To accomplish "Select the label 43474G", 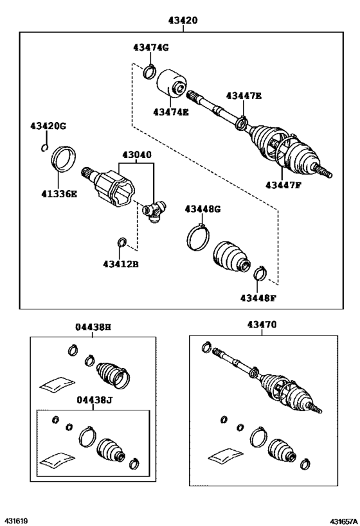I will point(150,48).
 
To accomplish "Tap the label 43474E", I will point(171,112).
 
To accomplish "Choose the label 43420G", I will point(48,126).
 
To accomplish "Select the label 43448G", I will point(203,209).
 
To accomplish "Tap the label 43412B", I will point(120,264).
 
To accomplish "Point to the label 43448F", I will point(258,297).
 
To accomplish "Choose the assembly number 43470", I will point(262,325).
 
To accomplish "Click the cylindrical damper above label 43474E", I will point(172,82).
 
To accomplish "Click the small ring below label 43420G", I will point(43,150).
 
